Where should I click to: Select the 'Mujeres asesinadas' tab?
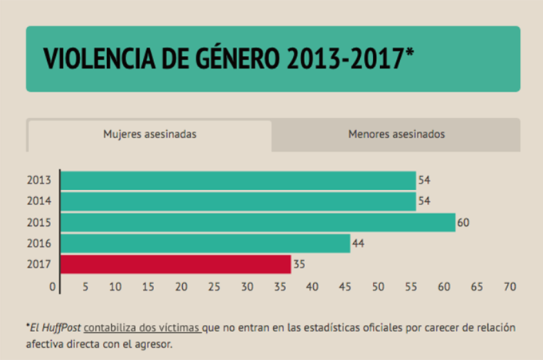pyautogui.click(x=149, y=135)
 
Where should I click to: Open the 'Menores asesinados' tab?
pyautogui.click(x=396, y=135)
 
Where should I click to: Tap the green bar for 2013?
pyautogui.click(x=238, y=180)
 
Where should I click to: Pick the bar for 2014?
pyautogui.click(x=238, y=201)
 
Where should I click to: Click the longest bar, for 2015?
pyautogui.click(x=257, y=222)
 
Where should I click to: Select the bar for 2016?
pyautogui.click(x=205, y=243)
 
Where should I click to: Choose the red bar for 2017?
pyautogui.click(x=176, y=264)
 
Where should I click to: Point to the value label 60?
pyautogui.click(x=462, y=223)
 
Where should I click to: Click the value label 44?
pyautogui.click(x=358, y=243)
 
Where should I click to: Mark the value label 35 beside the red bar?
pyautogui.click(x=299, y=264)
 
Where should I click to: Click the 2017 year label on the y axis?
pyautogui.click(x=39, y=264)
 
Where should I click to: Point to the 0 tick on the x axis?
pyautogui.click(x=54, y=286)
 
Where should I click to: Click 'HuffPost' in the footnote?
pyautogui.click(x=61, y=327)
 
